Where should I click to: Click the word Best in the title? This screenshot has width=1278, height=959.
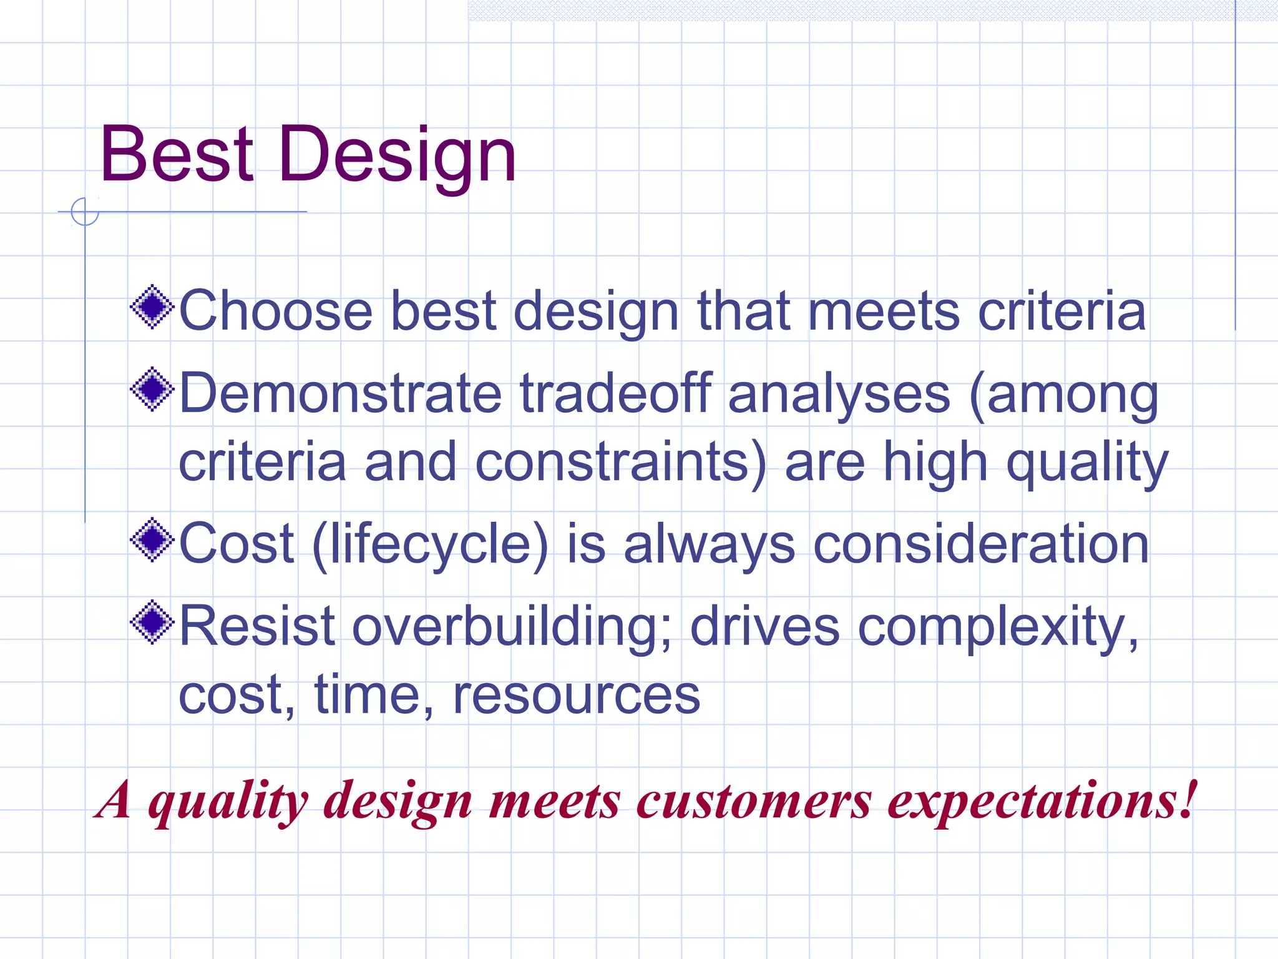point(177,154)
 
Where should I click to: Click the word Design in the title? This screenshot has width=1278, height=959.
point(398,156)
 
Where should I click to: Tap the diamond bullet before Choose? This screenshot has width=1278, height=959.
point(152,307)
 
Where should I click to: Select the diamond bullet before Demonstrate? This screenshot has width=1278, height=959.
point(152,390)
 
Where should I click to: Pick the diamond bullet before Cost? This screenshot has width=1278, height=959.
point(152,540)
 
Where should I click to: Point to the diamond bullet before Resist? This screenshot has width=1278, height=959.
point(152,622)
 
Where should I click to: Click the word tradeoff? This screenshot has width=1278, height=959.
point(615,393)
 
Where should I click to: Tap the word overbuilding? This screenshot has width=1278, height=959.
point(511,626)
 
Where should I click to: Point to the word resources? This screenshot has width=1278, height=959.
point(576,695)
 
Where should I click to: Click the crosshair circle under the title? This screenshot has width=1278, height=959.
point(85,212)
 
